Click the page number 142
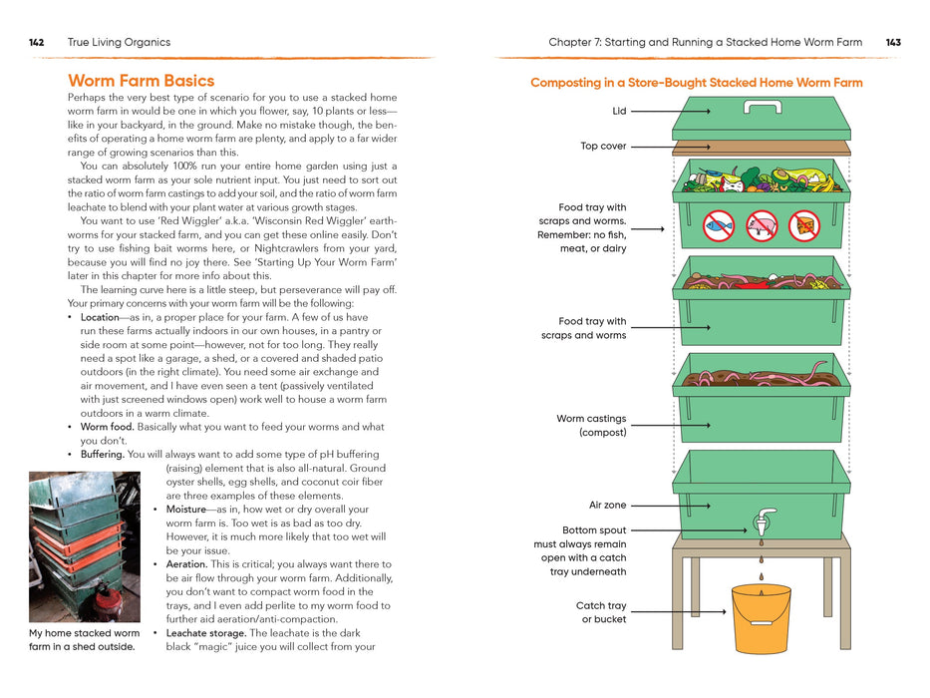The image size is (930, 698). [x=36, y=43]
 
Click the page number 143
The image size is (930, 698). [x=893, y=43]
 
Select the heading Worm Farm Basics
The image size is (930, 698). [x=141, y=81]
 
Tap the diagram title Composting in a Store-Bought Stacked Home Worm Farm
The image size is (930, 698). [x=696, y=83]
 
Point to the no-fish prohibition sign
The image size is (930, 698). [x=719, y=226]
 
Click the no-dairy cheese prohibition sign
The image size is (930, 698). [x=803, y=226]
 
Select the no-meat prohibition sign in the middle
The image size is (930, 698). [x=762, y=226]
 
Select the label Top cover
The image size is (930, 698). [x=603, y=147]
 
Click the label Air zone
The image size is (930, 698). [x=607, y=506]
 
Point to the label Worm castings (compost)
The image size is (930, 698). [x=591, y=426]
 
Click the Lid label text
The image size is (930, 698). [x=619, y=112]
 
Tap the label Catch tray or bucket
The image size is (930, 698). [x=601, y=612]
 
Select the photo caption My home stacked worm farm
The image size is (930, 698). [x=85, y=639]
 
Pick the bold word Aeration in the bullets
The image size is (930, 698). [x=186, y=564]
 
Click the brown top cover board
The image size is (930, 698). [x=762, y=147]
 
